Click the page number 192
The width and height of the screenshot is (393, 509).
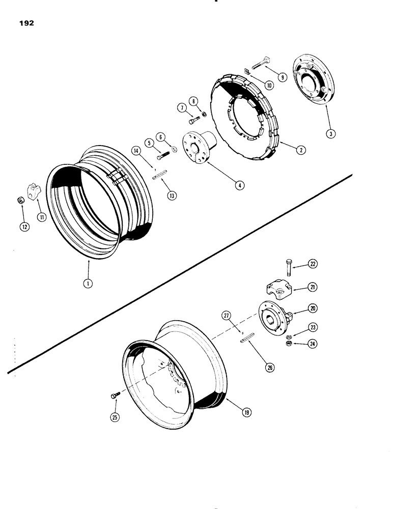pyautogui.click(x=25, y=23)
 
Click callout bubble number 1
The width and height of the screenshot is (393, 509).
pyautogui.click(x=88, y=284)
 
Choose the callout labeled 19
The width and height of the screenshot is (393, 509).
pyautogui.click(x=247, y=413)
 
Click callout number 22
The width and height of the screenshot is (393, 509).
pyautogui.click(x=313, y=264)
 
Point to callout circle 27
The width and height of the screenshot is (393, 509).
pyautogui.click(x=226, y=316)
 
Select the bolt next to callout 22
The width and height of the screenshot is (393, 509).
pyautogui.click(x=289, y=267)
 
